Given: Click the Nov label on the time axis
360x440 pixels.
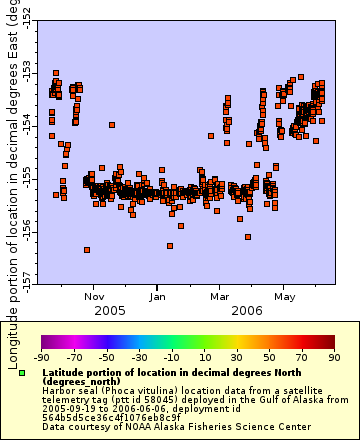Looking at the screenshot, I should point(95,297).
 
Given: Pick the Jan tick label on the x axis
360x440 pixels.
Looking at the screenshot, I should point(158,297).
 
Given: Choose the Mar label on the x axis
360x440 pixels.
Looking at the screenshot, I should point(220,297).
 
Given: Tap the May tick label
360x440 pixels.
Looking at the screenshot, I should point(285,297).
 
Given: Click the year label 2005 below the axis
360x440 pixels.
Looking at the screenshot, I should point(110,311).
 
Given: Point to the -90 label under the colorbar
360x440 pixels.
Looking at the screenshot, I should point(41,357).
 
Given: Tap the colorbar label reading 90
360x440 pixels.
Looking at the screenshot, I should point(332,357).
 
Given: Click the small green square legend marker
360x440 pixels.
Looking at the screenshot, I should point(22,373).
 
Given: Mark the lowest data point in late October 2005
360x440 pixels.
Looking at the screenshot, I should point(87,249).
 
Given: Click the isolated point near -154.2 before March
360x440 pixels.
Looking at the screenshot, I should point(211,136).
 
